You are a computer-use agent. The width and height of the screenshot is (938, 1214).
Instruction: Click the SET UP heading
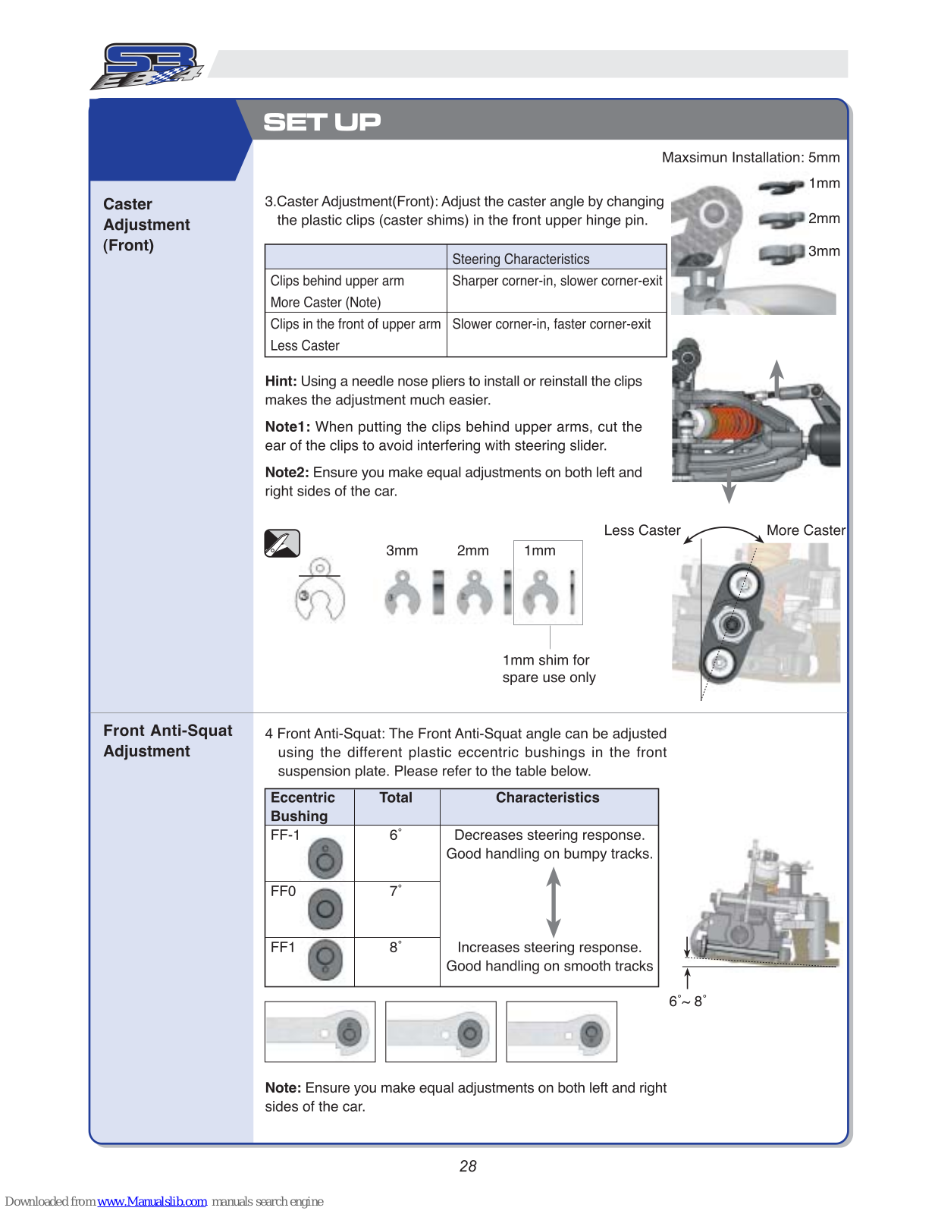tap(322, 122)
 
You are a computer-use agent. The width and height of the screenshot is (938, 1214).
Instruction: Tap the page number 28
tap(468, 1166)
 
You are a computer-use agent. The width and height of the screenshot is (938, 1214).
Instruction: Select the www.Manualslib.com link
tap(152, 1201)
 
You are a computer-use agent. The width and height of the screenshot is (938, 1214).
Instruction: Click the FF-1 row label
tap(285, 835)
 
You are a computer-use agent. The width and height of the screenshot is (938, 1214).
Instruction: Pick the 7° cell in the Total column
tap(395, 891)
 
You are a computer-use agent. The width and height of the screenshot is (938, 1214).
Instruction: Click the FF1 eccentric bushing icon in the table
tap(325, 959)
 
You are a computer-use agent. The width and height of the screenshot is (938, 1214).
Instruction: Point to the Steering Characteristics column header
tap(520, 259)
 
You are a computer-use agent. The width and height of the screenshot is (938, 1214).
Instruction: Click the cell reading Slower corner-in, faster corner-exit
tap(551, 324)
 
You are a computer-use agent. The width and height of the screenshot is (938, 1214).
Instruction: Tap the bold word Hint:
tap(281, 381)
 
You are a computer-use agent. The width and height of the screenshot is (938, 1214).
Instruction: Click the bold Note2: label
tap(287, 472)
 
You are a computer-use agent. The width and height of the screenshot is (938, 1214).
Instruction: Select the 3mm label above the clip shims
tap(402, 551)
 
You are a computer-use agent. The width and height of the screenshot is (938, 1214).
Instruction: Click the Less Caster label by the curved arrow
tap(642, 530)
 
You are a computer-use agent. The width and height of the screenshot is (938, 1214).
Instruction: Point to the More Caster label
tap(805, 530)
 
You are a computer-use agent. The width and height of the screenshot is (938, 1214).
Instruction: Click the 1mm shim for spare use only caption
tap(548, 668)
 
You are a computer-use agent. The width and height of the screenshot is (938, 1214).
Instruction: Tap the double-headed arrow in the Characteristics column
tap(554, 901)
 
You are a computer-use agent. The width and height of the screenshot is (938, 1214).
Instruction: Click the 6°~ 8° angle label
tap(687, 1001)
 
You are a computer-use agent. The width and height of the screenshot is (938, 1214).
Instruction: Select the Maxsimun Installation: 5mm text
tap(750, 158)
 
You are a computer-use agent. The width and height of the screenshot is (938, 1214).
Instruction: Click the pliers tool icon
tap(282, 543)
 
